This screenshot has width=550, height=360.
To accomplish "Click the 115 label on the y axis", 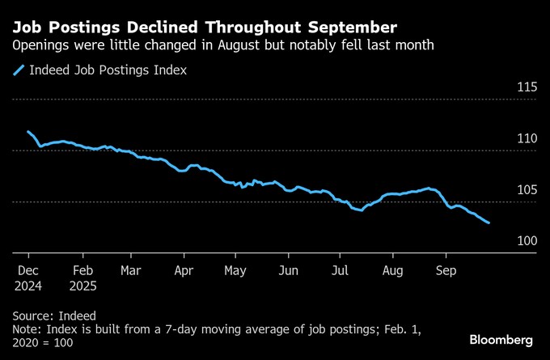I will [527, 87].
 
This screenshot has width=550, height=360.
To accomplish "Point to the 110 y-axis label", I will [527, 139].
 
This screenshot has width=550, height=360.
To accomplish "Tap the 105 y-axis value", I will [527, 190].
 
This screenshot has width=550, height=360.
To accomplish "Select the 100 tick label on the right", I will [527, 241].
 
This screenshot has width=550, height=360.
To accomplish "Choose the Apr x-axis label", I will [184, 270].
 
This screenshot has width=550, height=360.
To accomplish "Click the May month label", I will [235, 270].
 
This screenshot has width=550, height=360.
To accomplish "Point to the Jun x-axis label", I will [288, 270].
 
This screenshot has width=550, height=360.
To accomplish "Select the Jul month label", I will [341, 270].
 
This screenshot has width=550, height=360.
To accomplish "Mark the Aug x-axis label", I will [392, 270].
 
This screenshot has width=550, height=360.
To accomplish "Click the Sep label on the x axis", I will [446, 270].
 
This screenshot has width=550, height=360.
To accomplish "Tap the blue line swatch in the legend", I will [19, 71].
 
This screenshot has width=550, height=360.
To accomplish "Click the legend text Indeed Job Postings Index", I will [108, 70].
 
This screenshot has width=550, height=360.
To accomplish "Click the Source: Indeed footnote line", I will [54, 316].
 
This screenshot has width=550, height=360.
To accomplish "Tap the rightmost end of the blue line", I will [489, 222].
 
